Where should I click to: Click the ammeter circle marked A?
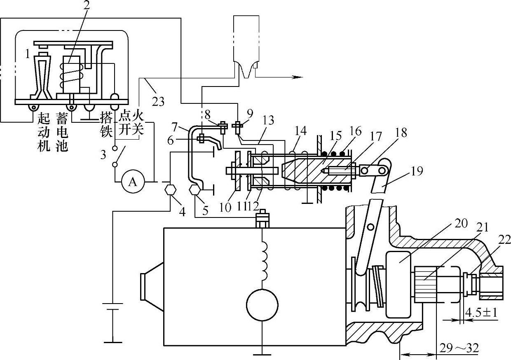[x=133, y=182]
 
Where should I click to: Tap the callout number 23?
[x=158, y=101]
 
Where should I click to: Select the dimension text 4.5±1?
[x=481, y=313]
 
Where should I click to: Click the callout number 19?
[x=417, y=171]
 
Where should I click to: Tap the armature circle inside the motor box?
[x=263, y=305]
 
